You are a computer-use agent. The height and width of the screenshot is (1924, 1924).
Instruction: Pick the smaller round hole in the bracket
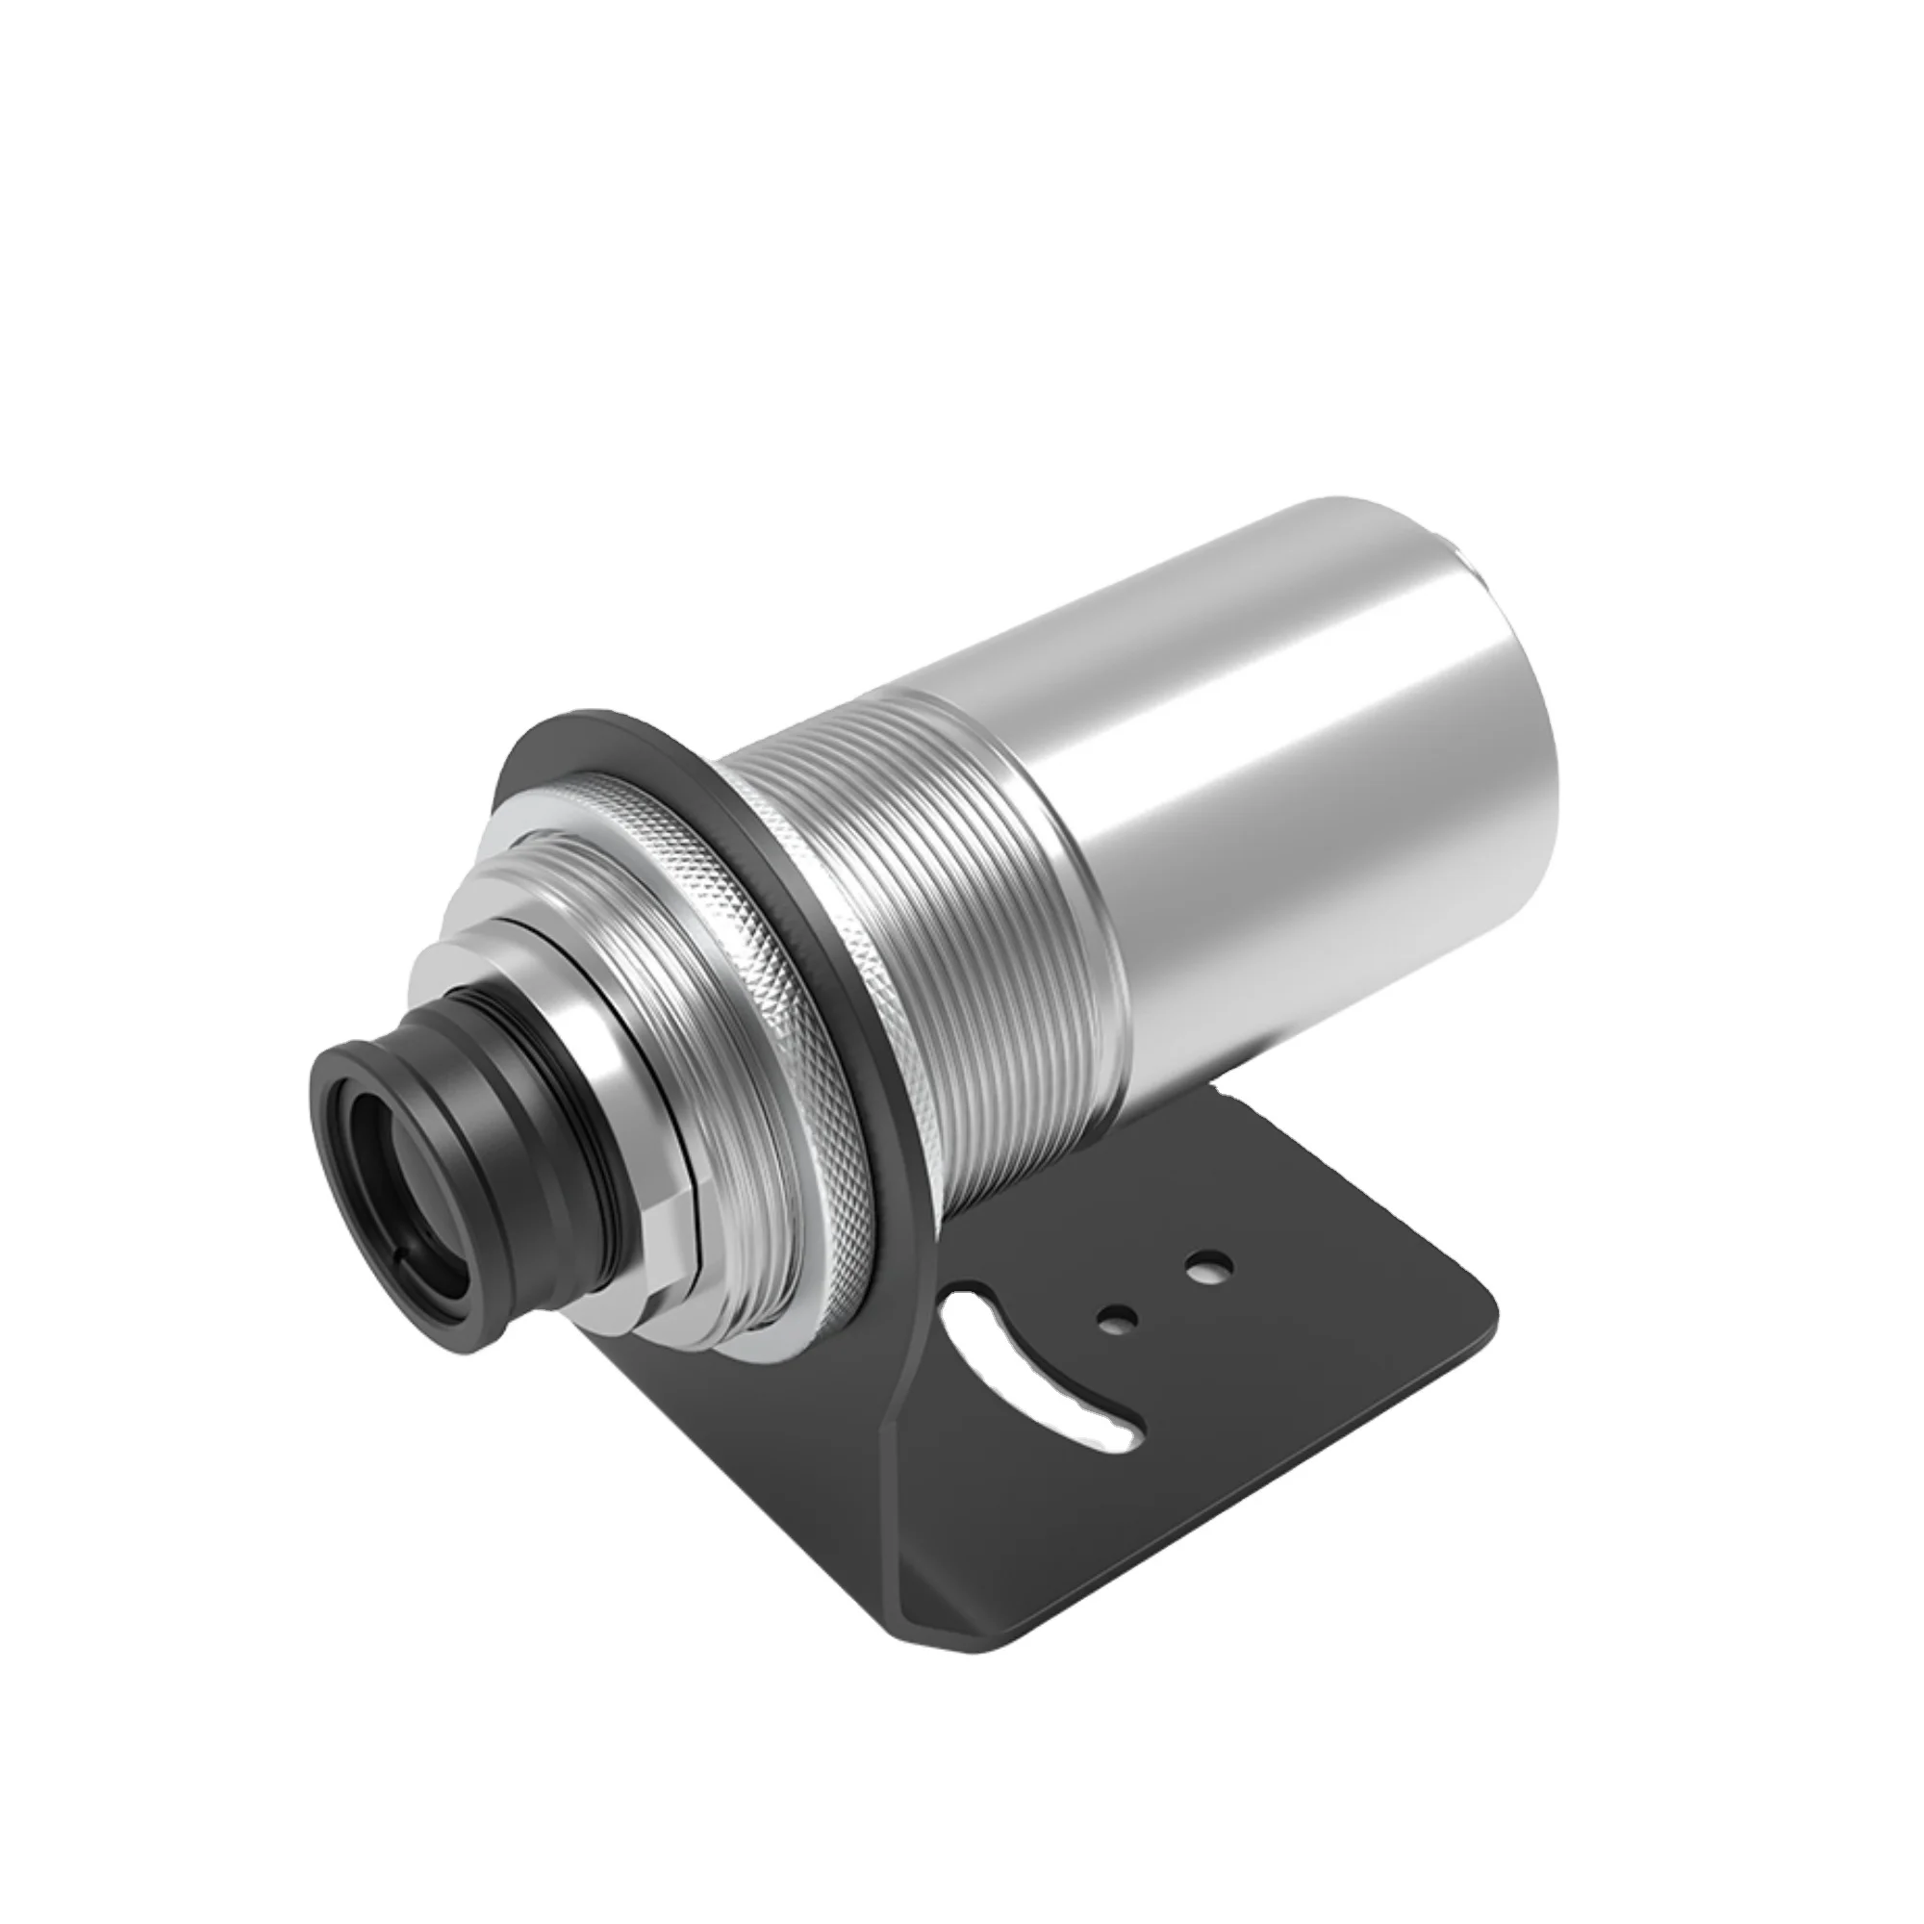point(1116,1321)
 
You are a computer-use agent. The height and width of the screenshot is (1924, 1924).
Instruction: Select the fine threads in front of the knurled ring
point(558,897)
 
